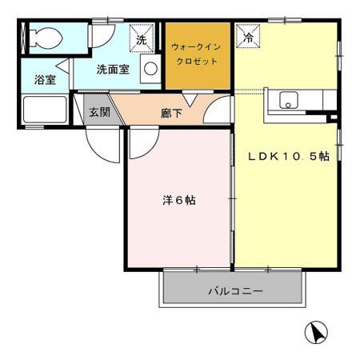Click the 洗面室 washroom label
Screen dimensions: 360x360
[113, 70]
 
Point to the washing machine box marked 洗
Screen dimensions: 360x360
[142, 38]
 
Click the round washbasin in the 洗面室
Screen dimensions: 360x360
[150, 70]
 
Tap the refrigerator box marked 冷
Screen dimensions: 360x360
[247, 38]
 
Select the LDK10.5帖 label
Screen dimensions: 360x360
[288, 157]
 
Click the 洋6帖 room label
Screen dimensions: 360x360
[178, 200]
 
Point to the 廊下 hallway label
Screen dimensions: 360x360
[171, 113]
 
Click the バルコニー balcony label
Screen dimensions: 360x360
[235, 291]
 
